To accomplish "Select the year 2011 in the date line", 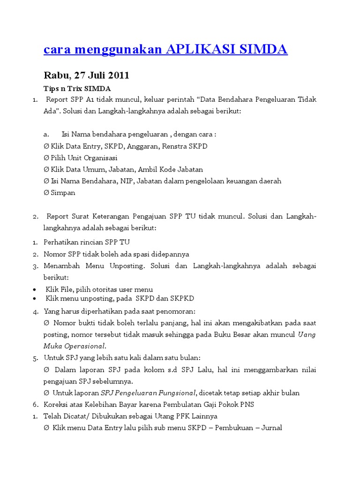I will pos(120,75).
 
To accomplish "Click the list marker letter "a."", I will pos(46,135).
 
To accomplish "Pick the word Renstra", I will pos(175,146).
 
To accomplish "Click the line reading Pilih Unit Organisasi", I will pos(80,158).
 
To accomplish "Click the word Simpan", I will pos(63,193).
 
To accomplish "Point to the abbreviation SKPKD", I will pos(182,299).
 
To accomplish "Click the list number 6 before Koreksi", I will pos(35,405).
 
